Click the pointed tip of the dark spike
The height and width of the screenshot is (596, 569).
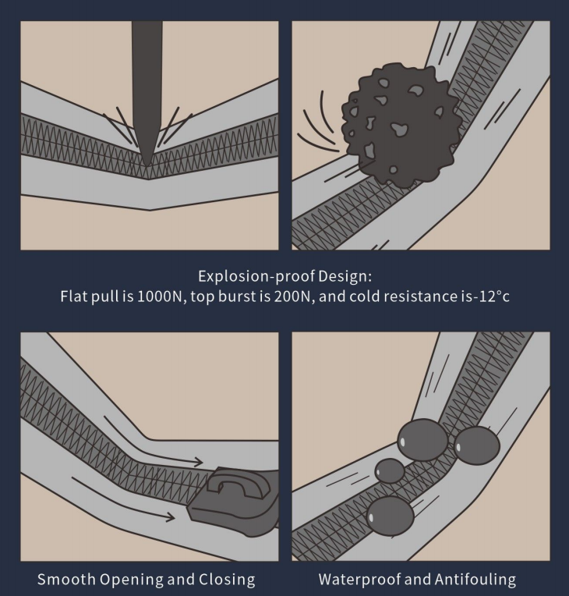click(147, 164)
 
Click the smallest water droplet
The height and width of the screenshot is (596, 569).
click(390, 470)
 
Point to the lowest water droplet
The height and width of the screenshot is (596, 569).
click(390, 516)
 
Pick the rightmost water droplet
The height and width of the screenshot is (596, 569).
click(477, 445)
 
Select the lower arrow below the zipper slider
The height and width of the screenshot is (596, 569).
click(122, 501)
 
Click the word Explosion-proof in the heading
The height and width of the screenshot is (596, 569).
click(256, 276)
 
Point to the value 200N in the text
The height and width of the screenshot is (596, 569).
click(294, 296)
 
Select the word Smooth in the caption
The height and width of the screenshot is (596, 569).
click(66, 580)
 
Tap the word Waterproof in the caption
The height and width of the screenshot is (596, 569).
click(359, 580)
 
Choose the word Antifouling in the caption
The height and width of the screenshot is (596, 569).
click(475, 580)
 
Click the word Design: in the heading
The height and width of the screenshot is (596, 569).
click(345, 277)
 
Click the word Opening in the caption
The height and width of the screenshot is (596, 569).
click(132, 580)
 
